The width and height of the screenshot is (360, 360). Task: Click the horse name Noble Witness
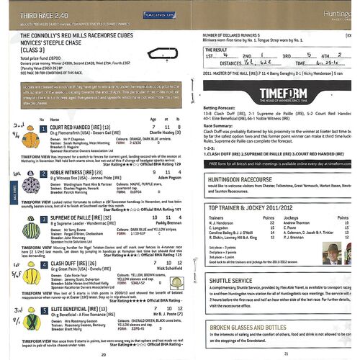coord(71,174)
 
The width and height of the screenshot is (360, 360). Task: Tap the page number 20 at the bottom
coord(104,353)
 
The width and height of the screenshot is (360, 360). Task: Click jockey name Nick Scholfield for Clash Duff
coord(163,269)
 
